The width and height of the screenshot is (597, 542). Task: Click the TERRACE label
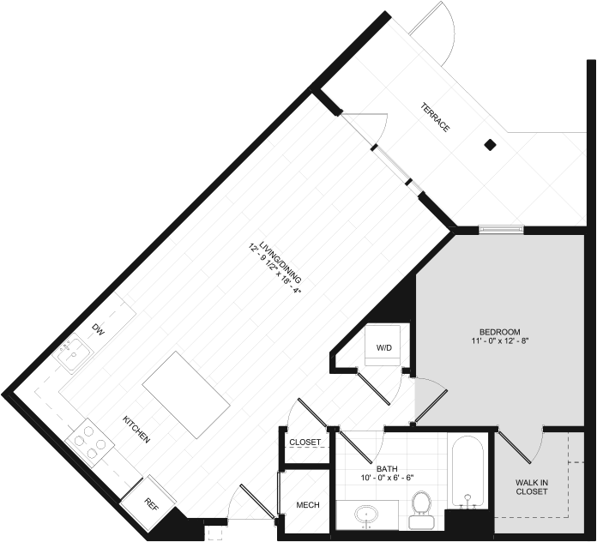coord(435,117)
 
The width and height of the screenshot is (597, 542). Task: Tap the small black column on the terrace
coord(490,145)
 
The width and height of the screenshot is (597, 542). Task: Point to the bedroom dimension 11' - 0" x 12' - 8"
coord(499,340)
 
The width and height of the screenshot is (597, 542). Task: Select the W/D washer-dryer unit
coord(383,346)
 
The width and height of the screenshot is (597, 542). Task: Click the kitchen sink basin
coord(73,353)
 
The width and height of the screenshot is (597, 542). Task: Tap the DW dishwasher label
coord(98,329)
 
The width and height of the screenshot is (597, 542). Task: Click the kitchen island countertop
coord(186,394)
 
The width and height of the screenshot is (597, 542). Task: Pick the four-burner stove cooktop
coord(89,443)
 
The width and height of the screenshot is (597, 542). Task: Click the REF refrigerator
coord(148,504)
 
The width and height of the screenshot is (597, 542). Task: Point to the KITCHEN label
coord(136,430)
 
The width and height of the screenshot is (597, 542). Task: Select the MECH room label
coord(308,505)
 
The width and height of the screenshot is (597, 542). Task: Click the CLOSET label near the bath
coord(305,443)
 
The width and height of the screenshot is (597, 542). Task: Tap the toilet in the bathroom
coord(420,510)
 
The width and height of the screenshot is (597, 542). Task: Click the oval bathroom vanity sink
coord(366,515)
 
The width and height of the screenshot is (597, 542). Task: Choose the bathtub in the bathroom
coord(467,472)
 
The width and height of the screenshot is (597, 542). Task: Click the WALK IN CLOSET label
coord(532,487)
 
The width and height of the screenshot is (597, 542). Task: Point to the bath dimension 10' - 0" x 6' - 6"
coord(387,478)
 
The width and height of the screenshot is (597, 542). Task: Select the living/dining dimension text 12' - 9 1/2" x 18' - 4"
coord(274,268)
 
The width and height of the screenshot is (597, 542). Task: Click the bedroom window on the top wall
coord(501,229)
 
